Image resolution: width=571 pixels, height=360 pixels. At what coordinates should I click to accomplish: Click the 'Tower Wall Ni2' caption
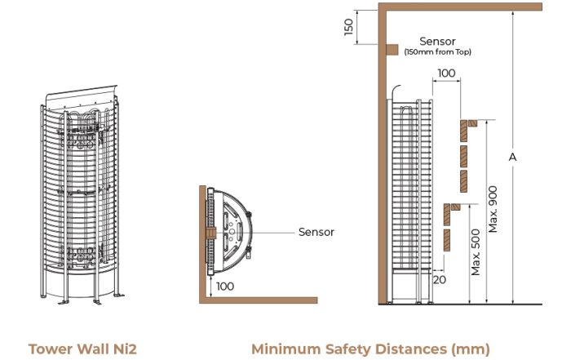pyautogui.click(x=82, y=349)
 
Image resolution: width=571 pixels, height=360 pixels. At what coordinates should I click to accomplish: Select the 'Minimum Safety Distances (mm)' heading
pyautogui.click(x=370, y=349)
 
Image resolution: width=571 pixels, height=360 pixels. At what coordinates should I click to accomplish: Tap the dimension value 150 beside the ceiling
pyautogui.click(x=348, y=27)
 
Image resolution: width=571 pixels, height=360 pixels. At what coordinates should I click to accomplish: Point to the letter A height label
pyautogui.click(x=512, y=157)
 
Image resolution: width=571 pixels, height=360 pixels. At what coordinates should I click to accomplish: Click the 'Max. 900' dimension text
pyautogui.click(x=493, y=209)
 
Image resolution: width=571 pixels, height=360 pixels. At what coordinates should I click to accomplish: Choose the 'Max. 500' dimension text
pyautogui.click(x=476, y=252)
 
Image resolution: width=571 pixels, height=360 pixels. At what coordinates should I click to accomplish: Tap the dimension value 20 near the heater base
pyautogui.click(x=440, y=279)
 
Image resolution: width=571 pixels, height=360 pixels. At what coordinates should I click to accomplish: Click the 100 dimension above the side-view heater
pyautogui.click(x=446, y=73)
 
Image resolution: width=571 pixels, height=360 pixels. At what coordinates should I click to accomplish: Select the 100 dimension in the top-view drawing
pyautogui.click(x=225, y=287)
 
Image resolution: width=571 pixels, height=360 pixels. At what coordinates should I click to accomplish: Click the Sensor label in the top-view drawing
pyautogui.click(x=316, y=232)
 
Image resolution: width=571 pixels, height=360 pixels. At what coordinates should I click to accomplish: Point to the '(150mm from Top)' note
pyautogui.click(x=437, y=51)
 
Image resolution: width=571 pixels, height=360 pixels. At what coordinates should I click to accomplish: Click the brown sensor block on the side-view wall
pyautogui.click(x=392, y=50)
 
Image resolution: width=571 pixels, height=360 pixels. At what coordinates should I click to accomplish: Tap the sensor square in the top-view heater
pyautogui.click(x=211, y=233)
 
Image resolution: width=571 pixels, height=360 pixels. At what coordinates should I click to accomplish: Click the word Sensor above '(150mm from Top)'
pyautogui.click(x=437, y=41)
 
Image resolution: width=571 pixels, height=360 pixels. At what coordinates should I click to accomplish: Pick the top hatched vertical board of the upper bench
pyautogui.click(x=463, y=131)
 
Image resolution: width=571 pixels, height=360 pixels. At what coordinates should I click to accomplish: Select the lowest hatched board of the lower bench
pyautogui.click(x=447, y=240)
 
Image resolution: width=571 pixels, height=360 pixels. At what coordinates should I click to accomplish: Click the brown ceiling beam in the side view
pyautogui.click(x=460, y=7)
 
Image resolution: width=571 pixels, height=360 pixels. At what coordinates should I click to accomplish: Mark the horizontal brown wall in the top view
pyautogui.click(x=259, y=300)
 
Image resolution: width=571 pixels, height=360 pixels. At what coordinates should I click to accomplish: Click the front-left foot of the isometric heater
pyautogui.click(x=64, y=302)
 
